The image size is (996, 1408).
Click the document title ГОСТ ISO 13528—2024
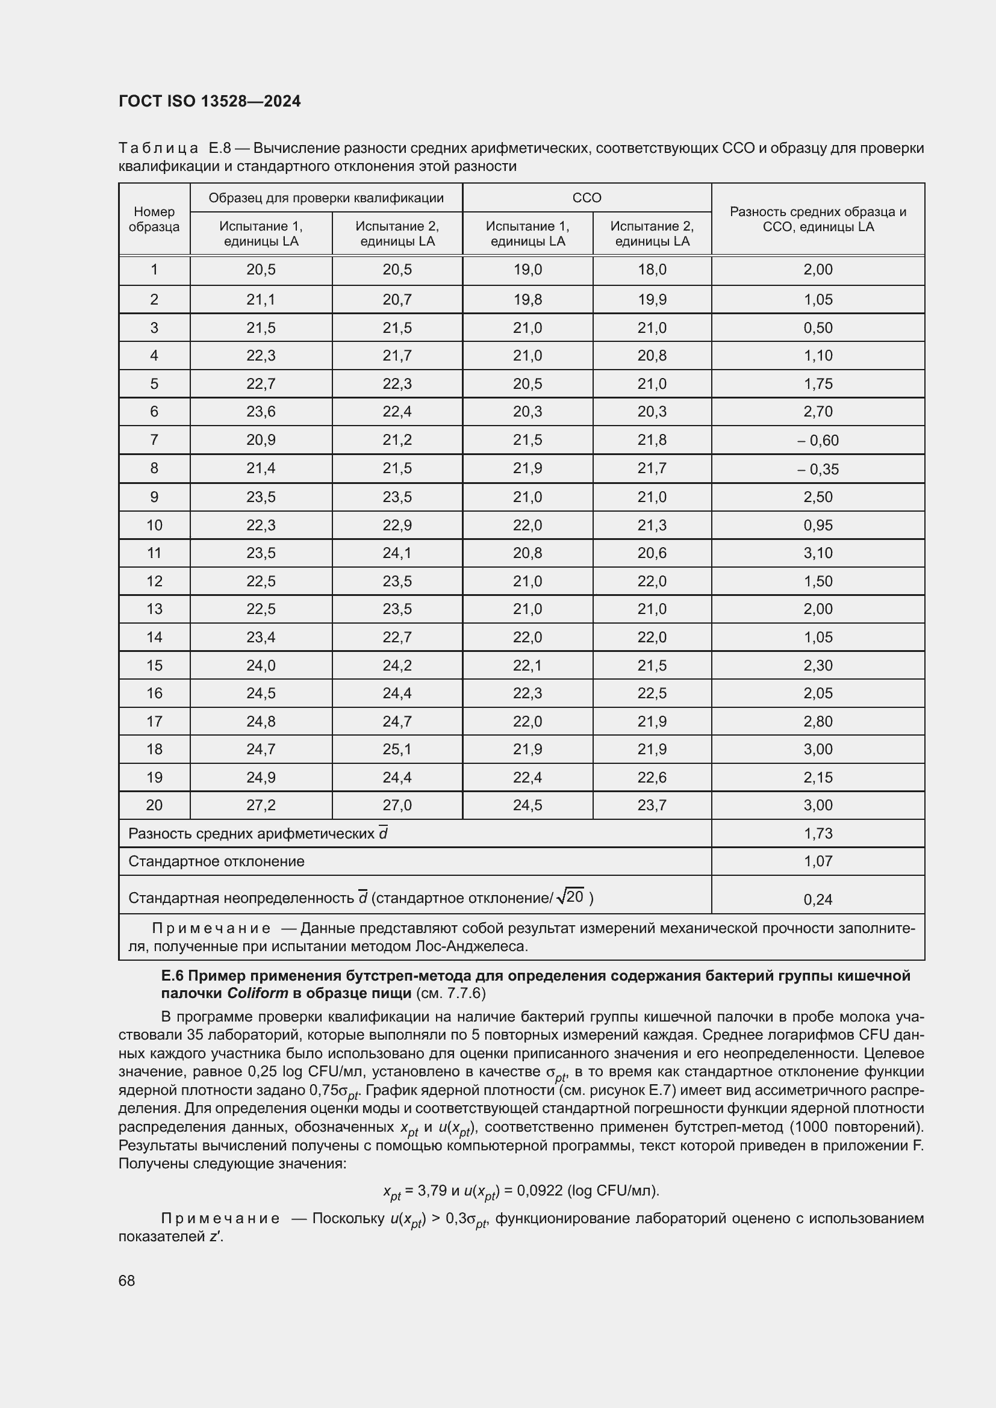tap(209, 101)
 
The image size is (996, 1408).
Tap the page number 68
tap(127, 1280)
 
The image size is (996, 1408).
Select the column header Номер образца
tap(154, 219)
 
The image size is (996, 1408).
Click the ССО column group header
tap(587, 198)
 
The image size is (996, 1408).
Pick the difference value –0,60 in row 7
tap(818, 440)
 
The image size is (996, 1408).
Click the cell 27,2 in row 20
tap(261, 805)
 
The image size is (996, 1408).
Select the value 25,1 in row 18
tap(397, 749)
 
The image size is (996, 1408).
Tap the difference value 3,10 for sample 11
tap(818, 553)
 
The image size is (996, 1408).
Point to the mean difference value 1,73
tap(818, 833)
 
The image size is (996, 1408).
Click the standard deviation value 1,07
tap(818, 861)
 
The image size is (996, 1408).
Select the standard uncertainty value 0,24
tap(818, 899)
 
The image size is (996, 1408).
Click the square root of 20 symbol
tap(570, 897)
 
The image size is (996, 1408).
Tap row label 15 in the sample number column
tap(154, 665)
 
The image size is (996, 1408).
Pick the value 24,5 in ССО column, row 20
tap(528, 805)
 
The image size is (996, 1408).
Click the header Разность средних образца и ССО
tap(818, 219)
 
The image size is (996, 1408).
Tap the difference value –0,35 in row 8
tap(818, 469)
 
